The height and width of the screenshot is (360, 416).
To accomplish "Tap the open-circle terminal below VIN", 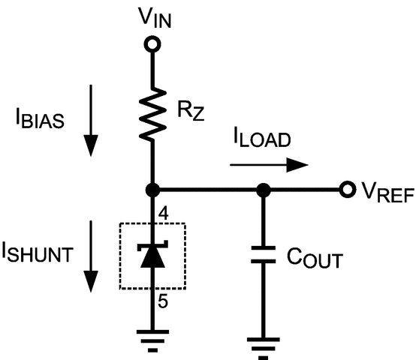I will (x=153, y=44).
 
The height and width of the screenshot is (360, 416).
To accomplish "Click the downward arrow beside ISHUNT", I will (x=91, y=255).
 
